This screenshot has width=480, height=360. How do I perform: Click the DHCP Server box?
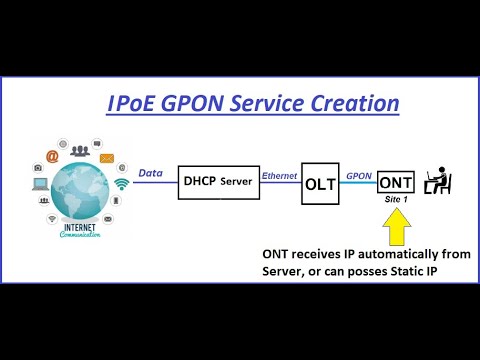[217, 181]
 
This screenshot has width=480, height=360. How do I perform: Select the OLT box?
[321, 184]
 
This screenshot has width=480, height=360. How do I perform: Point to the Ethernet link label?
[279, 175]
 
